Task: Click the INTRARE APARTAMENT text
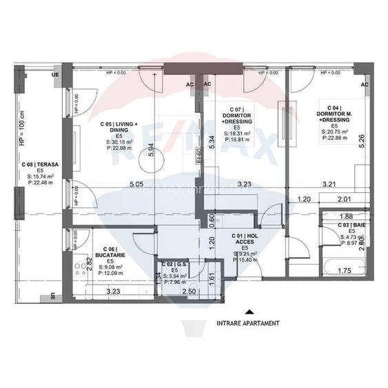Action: pos(248,323)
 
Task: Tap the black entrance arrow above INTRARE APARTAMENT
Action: pos(249,312)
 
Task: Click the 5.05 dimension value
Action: pos(136,184)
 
